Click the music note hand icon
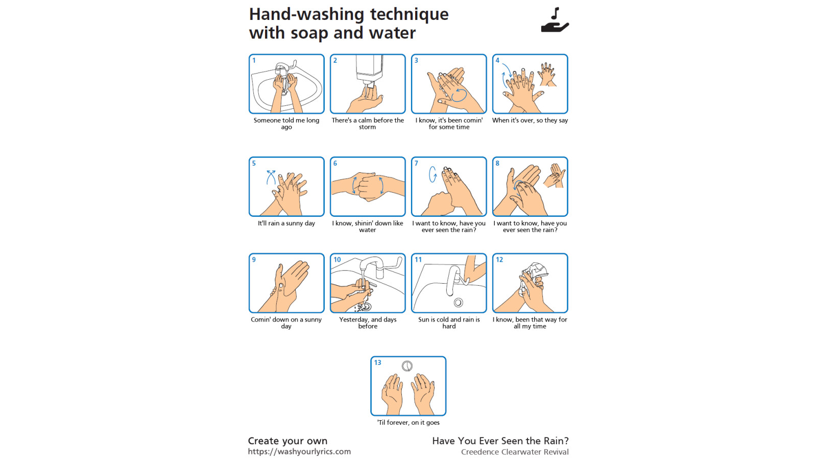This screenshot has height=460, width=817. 555,20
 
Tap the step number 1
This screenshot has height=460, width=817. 254,61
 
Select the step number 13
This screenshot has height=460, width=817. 377,362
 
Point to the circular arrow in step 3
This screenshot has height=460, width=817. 459,95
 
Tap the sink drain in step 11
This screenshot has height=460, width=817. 459,302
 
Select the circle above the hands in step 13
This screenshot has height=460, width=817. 407,366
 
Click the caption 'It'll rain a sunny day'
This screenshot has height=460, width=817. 286,223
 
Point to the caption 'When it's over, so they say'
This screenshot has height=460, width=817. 530,120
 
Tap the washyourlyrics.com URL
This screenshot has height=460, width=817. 299,452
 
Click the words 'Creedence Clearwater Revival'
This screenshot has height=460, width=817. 515,452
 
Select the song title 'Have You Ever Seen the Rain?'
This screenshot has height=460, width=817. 500,441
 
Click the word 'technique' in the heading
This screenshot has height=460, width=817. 409,15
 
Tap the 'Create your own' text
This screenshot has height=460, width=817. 288,441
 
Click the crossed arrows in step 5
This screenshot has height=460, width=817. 271,177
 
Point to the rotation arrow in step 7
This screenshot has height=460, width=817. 432,174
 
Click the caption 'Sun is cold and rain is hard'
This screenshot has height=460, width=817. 449,323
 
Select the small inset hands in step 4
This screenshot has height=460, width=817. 547,74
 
